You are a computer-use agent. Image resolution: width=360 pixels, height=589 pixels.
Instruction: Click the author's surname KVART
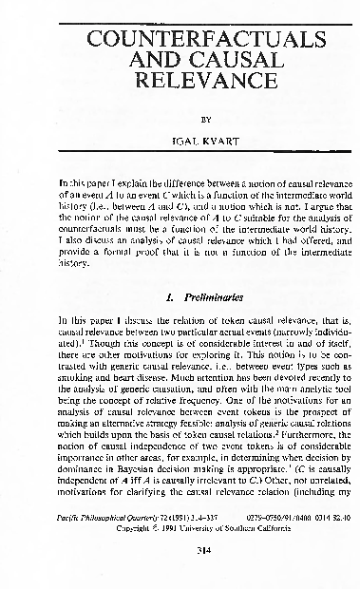[198, 145]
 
